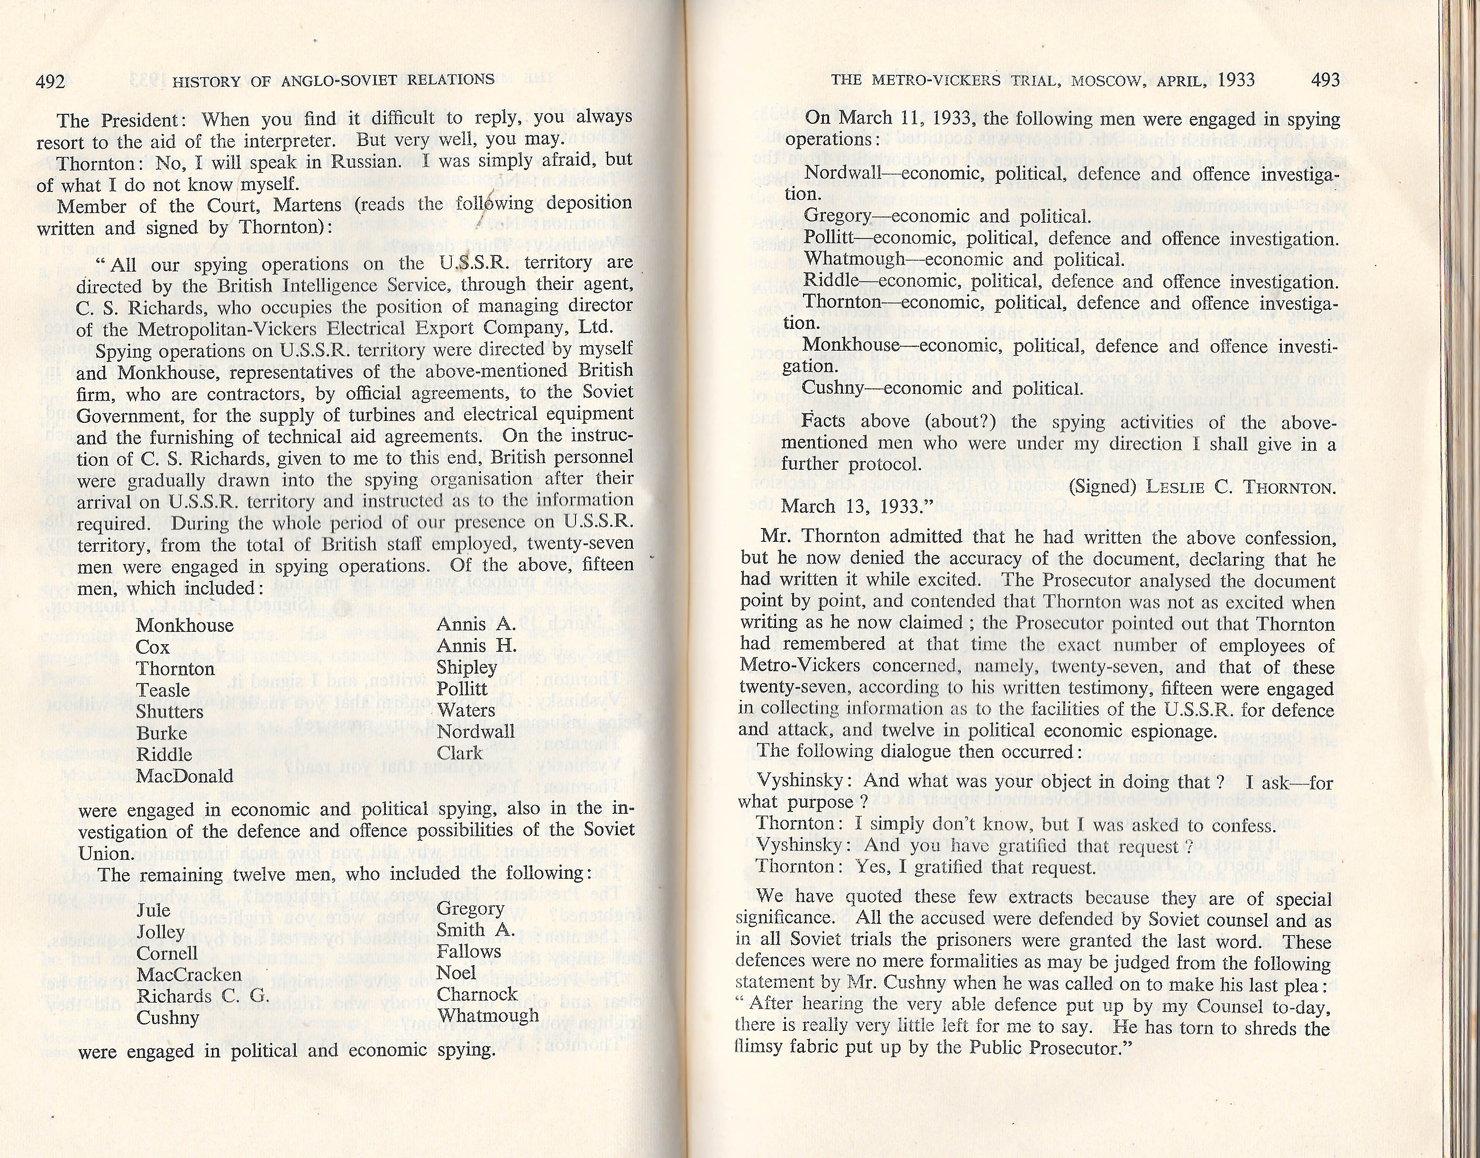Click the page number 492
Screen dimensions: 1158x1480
pyautogui.click(x=50, y=82)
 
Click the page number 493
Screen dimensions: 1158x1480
pyautogui.click(x=1325, y=80)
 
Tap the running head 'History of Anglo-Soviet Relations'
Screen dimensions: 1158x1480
pyautogui.click(x=333, y=81)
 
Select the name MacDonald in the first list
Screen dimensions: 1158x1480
pyautogui.click(x=184, y=776)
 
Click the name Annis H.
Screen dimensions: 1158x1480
pyautogui.click(x=476, y=646)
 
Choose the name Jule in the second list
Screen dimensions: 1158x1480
pyautogui.click(x=153, y=911)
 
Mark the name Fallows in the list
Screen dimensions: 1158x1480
pyautogui.click(x=468, y=952)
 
